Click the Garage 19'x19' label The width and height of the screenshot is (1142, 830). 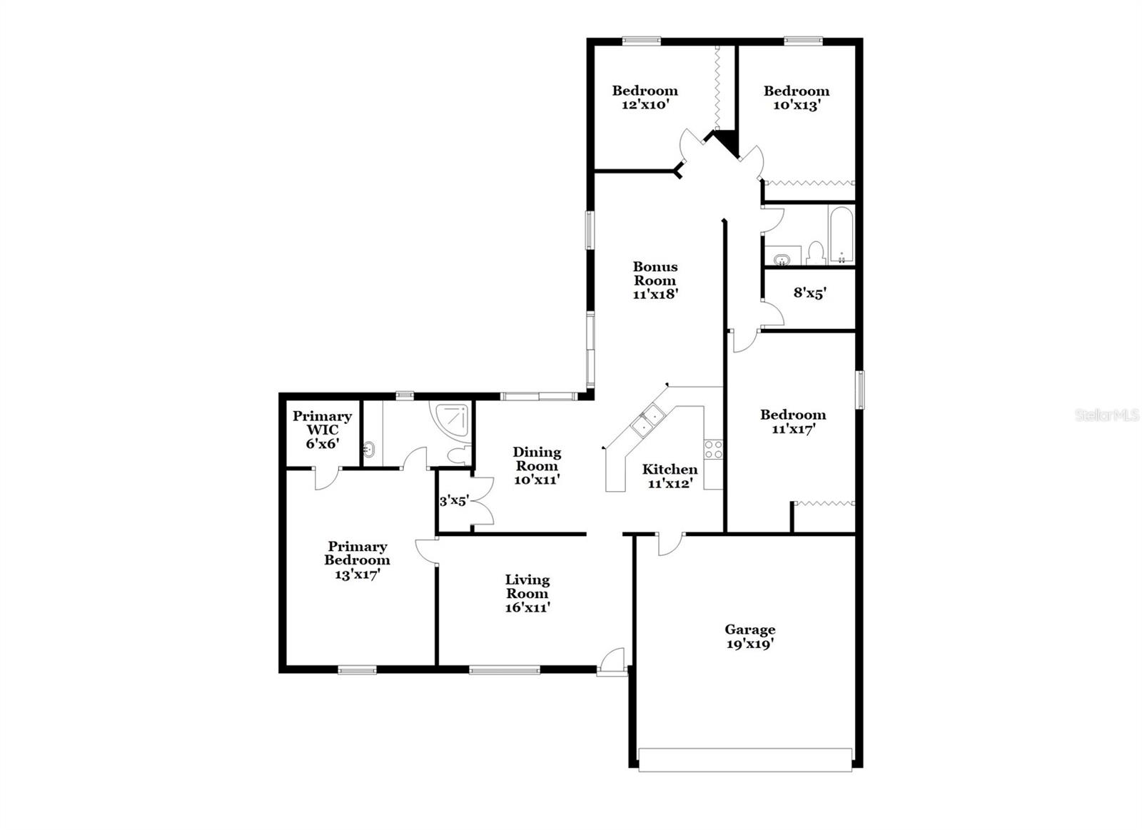749,637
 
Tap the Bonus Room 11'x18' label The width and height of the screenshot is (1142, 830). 655,280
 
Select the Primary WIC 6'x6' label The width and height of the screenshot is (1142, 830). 322,430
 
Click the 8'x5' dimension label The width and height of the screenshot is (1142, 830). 809,293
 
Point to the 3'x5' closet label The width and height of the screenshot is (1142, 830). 453,501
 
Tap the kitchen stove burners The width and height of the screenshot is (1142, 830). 713,450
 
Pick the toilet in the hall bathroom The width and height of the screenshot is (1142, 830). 816,252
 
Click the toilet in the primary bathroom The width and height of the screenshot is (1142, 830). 458,455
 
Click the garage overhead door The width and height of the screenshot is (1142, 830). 745,759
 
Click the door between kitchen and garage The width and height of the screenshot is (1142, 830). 669,544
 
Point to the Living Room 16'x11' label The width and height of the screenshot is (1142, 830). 527,594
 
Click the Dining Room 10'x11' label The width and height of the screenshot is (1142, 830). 537,465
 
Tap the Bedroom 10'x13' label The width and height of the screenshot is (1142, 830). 796,98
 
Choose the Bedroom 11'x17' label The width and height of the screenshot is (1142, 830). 792,421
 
